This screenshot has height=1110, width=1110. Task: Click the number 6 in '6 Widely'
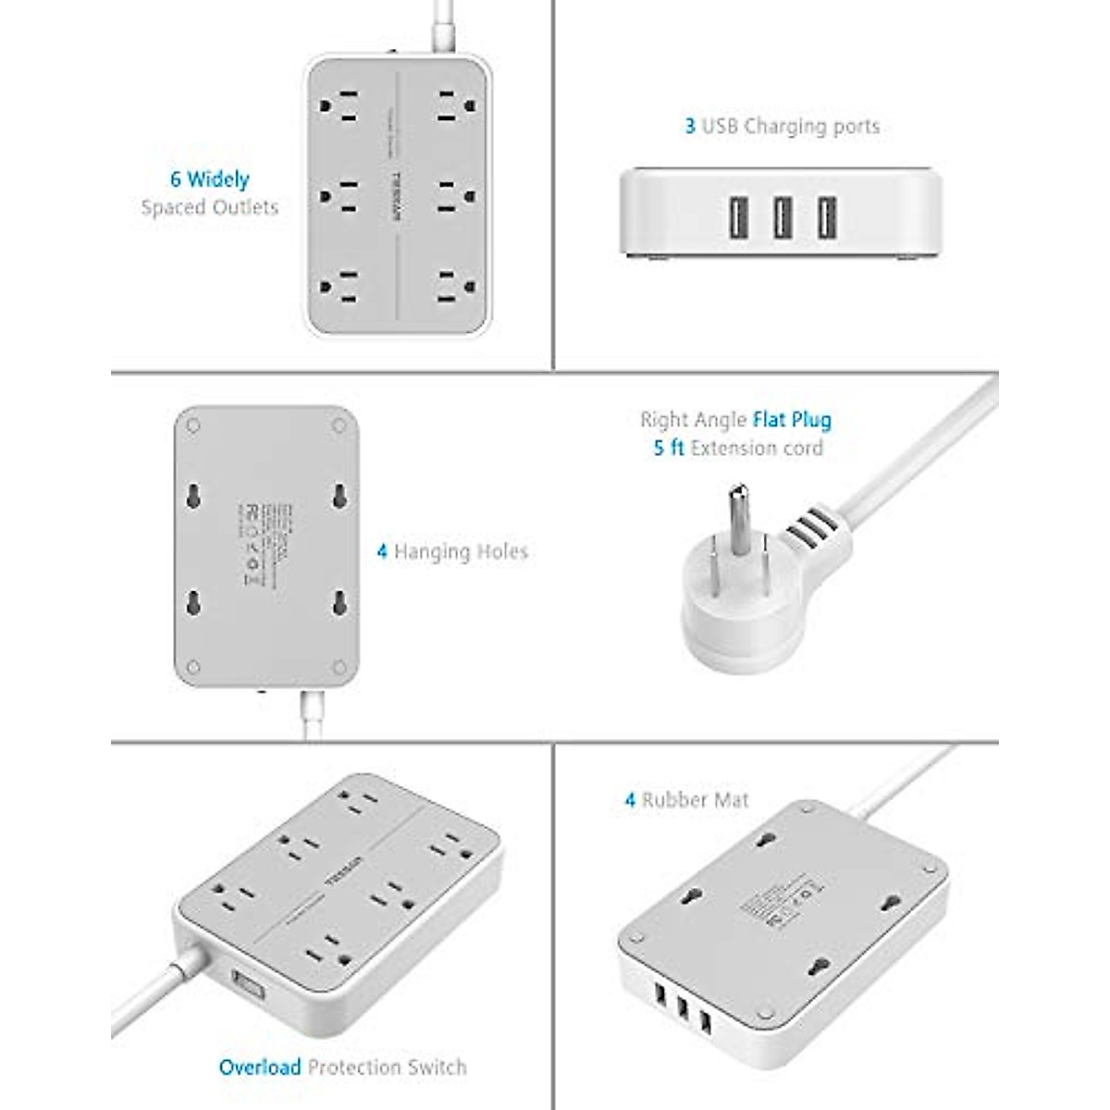[x=175, y=179]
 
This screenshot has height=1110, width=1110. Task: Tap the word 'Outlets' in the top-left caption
[x=245, y=207]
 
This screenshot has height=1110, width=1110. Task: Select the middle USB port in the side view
[x=781, y=218]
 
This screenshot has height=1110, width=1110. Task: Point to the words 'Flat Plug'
[x=792, y=420]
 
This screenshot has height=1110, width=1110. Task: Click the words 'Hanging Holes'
[x=461, y=552]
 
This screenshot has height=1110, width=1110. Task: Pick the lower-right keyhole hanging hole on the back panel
[x=339, y=602]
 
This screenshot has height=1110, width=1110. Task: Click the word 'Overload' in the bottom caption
[x=260, y=1067]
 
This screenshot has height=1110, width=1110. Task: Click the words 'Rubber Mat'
[x=695, y=800]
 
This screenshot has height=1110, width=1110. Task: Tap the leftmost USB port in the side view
[x=739, y=218]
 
